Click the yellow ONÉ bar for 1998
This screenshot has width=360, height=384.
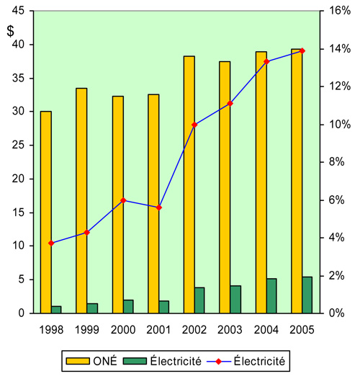pyautogui.click(x=45, y=213)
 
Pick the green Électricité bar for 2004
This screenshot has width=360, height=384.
pyautogui.click(x=271, y=296)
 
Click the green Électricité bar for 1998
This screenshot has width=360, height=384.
pyautogui.click(x=56, y=310)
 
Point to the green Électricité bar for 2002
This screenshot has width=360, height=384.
pyautogui.click(x=199, y=300)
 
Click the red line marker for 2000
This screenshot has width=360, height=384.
pyautogui.click(x=123, y=200)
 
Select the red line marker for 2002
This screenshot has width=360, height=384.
pyautogui.click(x=194, y=125)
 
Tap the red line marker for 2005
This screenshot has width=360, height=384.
pyautogui.click(x=302, y=50)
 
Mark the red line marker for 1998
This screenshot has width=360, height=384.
pyautogui.click(x=51, y=243)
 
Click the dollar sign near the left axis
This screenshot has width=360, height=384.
pyautogui.click(x=10, y=31)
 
